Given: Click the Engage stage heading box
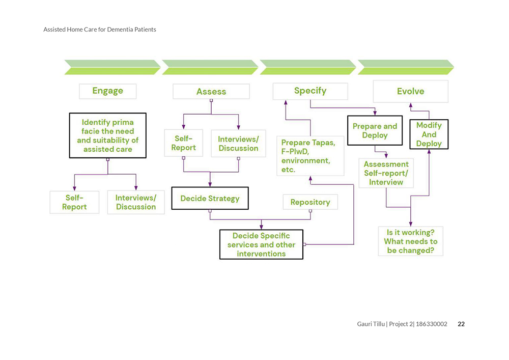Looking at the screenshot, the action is click(108, 91).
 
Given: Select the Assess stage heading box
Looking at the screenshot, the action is click(211, 92).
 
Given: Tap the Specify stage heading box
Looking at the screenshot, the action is click(310, 91).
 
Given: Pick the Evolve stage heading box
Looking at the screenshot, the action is click(411, 92).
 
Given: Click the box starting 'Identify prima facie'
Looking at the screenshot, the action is click(108, 135).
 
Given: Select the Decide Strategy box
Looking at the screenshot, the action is click(210, 199).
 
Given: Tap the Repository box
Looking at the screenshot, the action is click(310, 202).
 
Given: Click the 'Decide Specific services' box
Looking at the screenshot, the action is click(261, 244).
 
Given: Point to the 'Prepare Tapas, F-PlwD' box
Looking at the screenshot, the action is click(310, 156).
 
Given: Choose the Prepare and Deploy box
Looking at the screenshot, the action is click(375, 130).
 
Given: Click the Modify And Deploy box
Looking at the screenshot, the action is click(429, 134).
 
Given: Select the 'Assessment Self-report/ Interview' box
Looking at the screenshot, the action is click(386, 173).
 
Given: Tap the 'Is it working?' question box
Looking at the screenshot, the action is click(411, 241).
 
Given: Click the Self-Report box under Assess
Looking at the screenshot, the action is click(183, 143).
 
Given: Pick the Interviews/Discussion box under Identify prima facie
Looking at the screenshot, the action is click(136, 202).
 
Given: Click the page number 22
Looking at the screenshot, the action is click(461, 324).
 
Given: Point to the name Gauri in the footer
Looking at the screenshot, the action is click(364, 324).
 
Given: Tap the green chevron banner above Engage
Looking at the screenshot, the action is click(112, 67).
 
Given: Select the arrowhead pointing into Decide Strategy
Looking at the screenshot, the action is click(210, 184).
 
